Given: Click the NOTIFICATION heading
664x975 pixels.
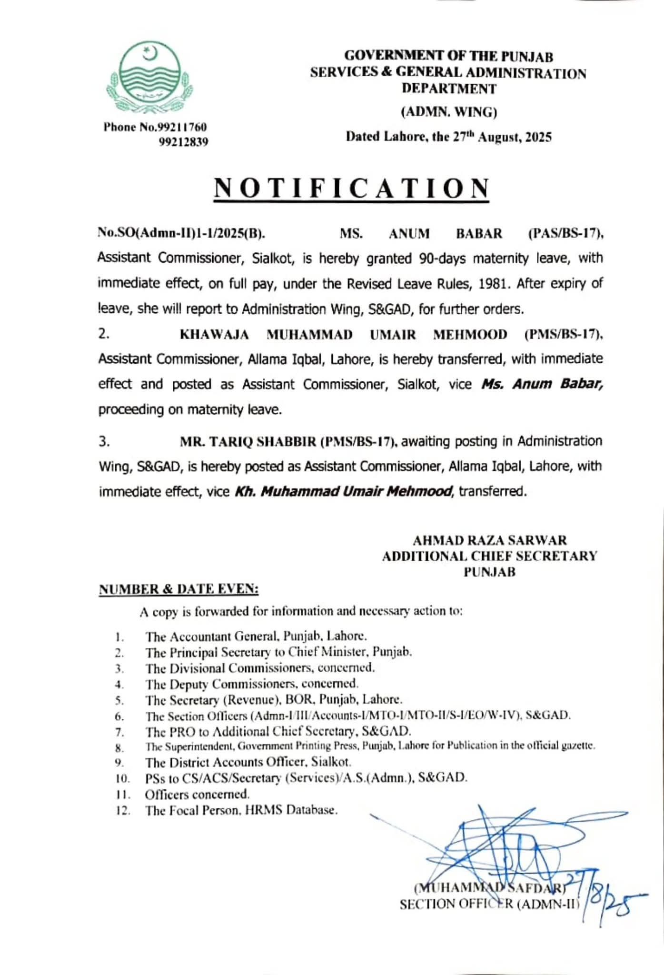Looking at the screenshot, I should pyautogui.click(x=351, y=188).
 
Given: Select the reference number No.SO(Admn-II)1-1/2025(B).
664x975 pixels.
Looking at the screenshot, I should pyautogui.click(x=181, y=234).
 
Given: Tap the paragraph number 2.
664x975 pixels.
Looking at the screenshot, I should pyautogui.click(x=104, y=334).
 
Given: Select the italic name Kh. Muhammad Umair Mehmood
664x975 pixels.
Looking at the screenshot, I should pyautogui.click(x=343, y=491).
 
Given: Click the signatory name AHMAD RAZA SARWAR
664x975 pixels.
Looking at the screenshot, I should pyautogui.click(x=490, y=540).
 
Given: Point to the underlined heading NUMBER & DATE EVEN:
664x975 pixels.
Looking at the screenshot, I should pyautogui.click(x=178, y=589).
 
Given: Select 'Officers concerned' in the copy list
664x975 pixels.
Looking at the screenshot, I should pyautogui.click(x=197, y=794).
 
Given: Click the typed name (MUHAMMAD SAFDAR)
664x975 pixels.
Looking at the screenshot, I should pyautogui.click(x=489, y=887).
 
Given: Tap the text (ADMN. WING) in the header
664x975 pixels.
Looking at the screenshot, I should pyautogui.click(x=449, y=112).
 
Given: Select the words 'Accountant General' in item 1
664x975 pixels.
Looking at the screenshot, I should pyautogui.click(x=222, y=637).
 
